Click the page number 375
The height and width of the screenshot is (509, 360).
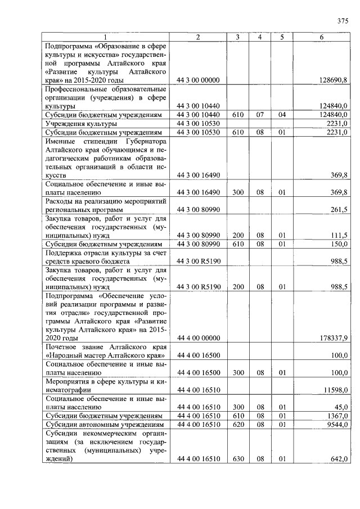[343, 21]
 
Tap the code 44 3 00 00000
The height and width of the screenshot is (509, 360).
[198, 80]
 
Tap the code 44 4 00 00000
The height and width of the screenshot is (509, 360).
[198, 338]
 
